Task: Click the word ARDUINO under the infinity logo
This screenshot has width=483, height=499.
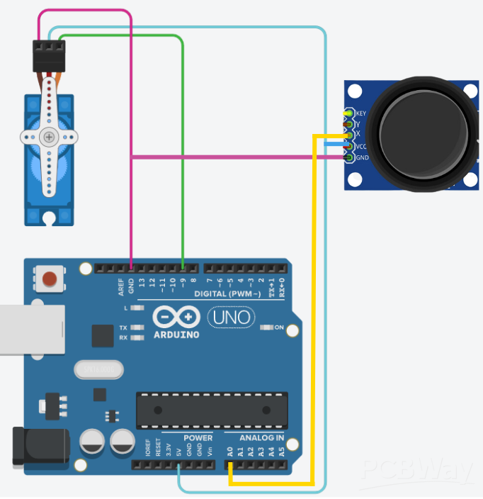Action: point(175,334)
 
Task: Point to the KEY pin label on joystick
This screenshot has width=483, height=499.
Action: point(361,113)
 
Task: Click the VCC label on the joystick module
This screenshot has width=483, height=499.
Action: point(361,146)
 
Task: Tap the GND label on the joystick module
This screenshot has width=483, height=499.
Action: point(362,157)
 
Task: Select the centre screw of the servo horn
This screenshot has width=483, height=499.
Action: point(48,137)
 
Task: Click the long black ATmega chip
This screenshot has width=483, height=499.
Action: point(212,410)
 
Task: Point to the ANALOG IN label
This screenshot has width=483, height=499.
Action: point(261,437)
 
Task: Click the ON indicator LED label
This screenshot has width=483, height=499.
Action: point(278,327)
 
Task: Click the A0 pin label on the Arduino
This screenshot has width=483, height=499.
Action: point(230,451)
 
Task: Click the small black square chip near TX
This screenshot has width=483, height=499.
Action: point(103,336)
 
